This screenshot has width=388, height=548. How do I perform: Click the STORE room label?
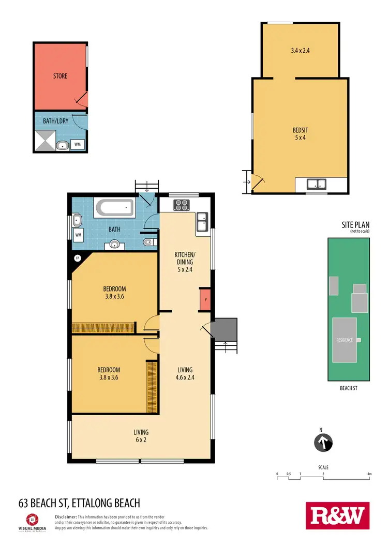coord(60,76)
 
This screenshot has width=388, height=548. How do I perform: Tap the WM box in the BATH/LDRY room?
coord(77,144)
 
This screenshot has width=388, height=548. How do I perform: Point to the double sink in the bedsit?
coord(315,184)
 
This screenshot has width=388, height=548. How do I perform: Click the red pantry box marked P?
coord(205,299)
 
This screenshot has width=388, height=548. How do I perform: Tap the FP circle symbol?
coord(78,257)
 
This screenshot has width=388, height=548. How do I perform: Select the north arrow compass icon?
coord(323,443)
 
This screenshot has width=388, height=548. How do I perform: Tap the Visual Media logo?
coord(32,521)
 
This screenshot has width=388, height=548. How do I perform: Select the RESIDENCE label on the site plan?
coord(345,340)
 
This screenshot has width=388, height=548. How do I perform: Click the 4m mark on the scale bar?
coord(369,474)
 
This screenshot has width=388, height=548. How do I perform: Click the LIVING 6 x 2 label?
coord(141,436)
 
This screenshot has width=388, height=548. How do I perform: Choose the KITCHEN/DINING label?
coord(184,258)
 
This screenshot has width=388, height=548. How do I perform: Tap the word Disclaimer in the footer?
coord(66,516)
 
